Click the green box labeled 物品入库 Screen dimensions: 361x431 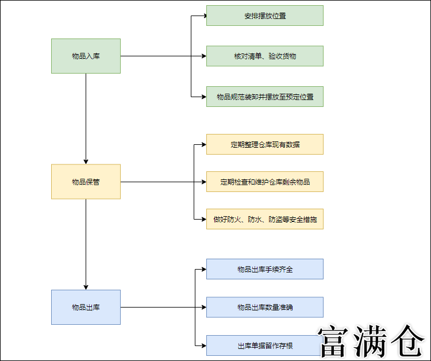[86, 56]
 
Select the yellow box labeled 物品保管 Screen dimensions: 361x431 [86, 182]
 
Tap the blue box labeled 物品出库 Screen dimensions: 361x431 [86, 307]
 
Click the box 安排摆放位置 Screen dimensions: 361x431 [265, 16]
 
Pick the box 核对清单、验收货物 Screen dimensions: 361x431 [265, 56]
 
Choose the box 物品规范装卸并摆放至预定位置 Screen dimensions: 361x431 [265, 97]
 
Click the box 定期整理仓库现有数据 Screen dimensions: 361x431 [265, 144]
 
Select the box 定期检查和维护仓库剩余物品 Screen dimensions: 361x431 [265, 182]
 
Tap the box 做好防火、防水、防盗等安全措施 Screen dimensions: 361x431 [265, 219]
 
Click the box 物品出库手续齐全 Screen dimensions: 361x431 [265, 269]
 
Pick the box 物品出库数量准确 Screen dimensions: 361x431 [265, 307]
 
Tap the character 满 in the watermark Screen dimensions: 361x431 [372, 343]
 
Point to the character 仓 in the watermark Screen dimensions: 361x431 [408, 343]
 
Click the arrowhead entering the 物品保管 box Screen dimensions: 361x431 [86, 162]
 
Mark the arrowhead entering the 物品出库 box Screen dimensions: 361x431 [86, 287]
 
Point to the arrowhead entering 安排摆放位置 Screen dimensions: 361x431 [203, 16]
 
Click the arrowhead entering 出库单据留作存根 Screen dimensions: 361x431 [203, 345]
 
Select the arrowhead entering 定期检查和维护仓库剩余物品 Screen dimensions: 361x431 [203, 182]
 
